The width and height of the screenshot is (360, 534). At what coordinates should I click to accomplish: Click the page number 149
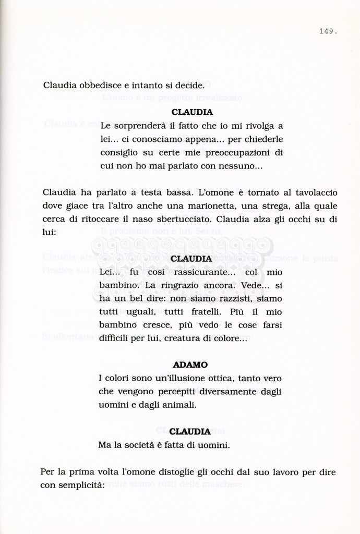click(328, 31)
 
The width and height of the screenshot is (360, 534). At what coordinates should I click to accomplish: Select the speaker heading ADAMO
click(190, 365)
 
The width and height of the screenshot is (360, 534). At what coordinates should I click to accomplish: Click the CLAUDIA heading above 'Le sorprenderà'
click(192, 112)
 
